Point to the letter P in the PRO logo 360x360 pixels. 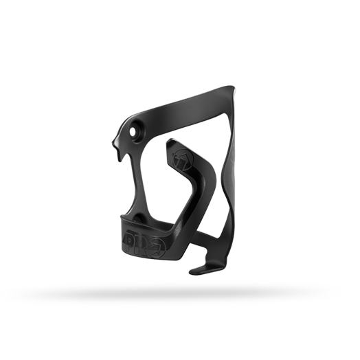click(x=131, y=241)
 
